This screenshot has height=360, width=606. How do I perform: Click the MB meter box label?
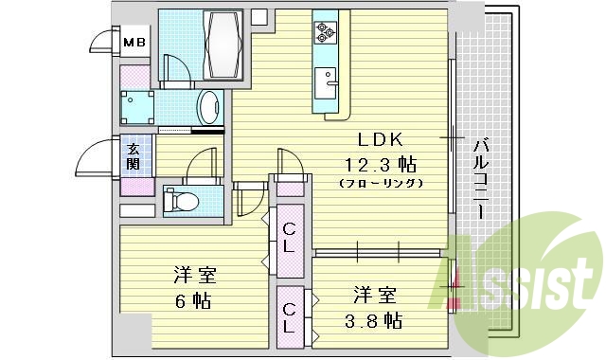[135, 41]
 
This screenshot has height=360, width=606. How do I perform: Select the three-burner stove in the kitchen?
[325, 33]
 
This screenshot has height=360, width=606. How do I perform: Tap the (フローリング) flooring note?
[378, 181]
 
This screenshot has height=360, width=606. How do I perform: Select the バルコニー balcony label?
[480, 179]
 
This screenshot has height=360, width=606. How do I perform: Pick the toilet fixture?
[184, 201]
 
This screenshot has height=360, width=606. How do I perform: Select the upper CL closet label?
[291, 236]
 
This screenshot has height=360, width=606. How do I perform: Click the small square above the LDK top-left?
[258, 16]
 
